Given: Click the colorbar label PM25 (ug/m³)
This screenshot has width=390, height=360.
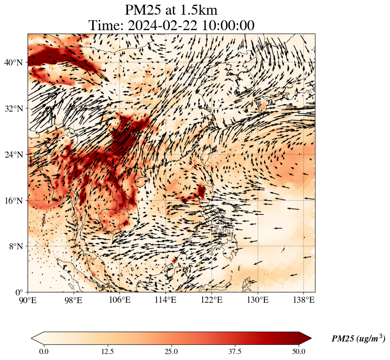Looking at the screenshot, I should pyautogui.click(x=358, y=339).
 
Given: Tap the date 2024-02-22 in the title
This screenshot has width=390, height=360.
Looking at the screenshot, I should pyautogui.click(x=162, y=25).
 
